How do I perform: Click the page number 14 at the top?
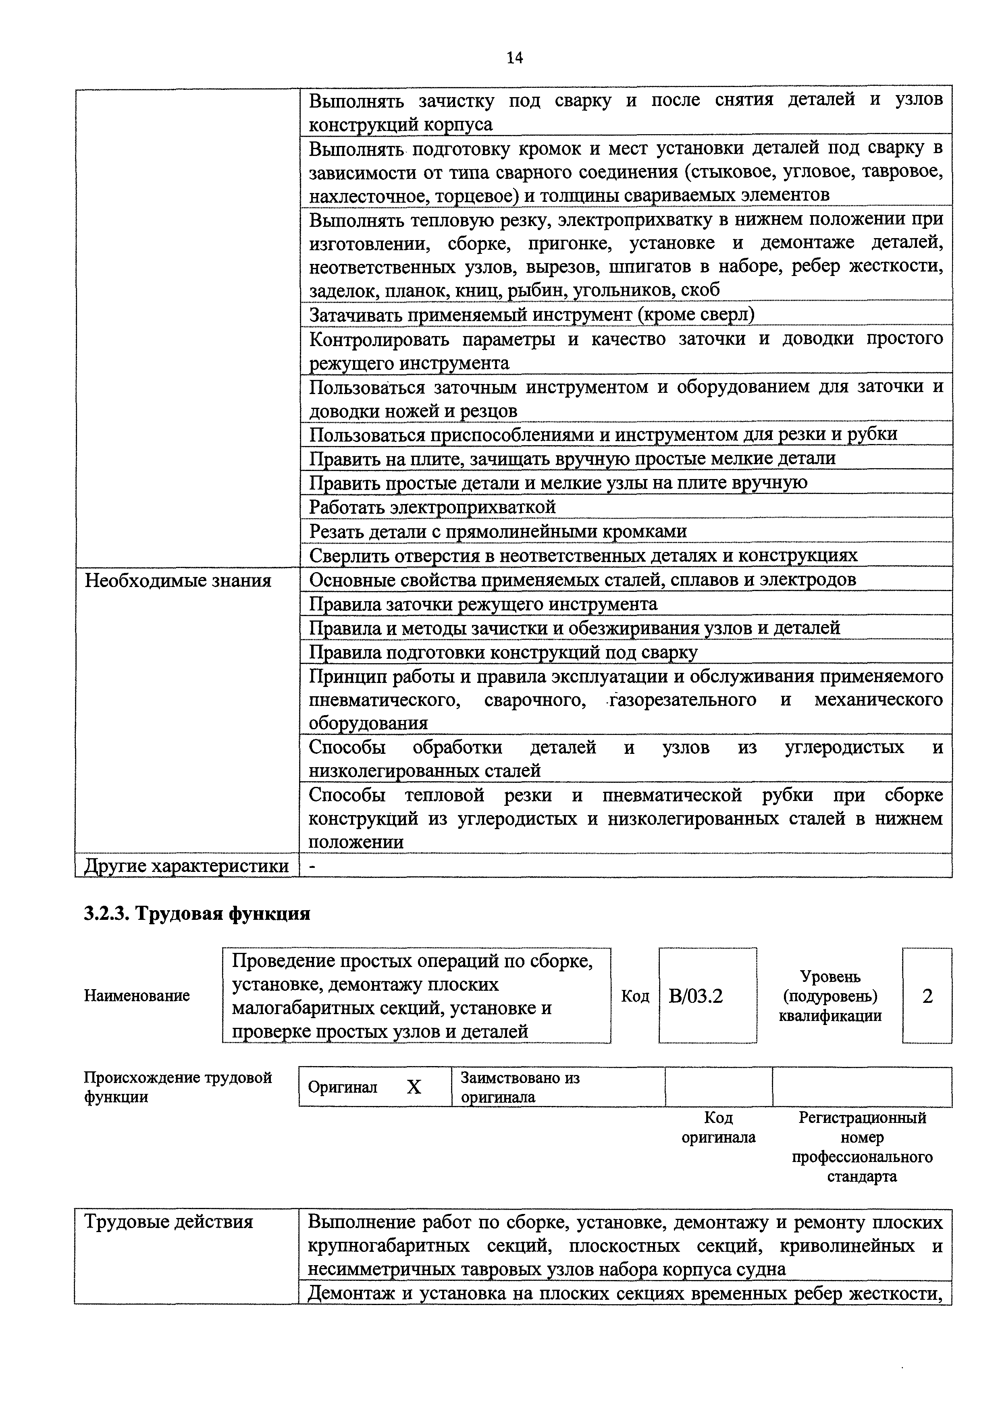coord(514,58)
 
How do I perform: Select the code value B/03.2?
coord(695,996)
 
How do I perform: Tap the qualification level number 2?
coord(927,996)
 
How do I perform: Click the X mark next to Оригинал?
coord(414,1087)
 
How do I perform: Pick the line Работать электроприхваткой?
coord(432,507)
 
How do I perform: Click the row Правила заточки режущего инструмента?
coord(483,604)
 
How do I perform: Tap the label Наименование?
coord(137,996)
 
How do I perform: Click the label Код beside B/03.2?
coord(635,996)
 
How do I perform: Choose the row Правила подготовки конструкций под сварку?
coord(503,652)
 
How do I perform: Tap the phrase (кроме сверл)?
coord(696,315)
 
